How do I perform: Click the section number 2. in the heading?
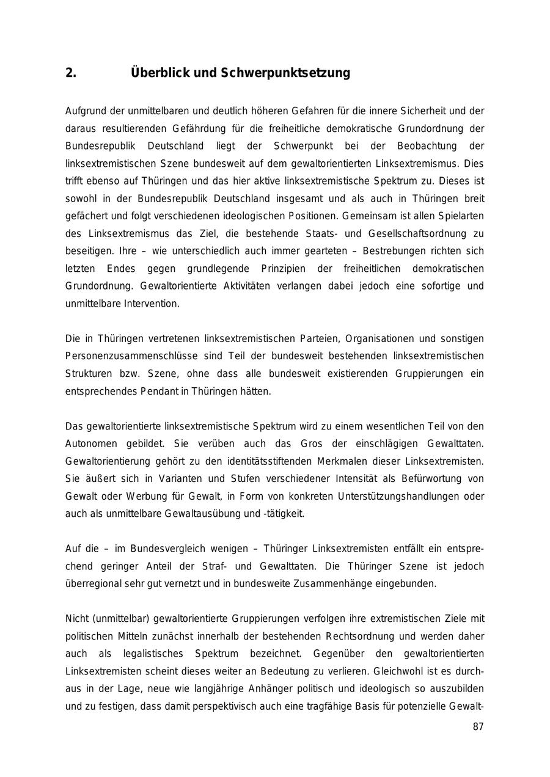71,73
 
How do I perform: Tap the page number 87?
478,727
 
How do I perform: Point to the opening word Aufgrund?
86,111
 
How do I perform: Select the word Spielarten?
461,216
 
